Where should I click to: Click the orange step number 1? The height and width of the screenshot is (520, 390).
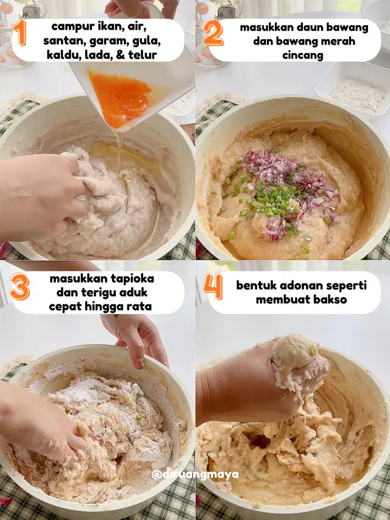tap(20, 32)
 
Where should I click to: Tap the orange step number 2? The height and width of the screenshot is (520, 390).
tap(213, 33)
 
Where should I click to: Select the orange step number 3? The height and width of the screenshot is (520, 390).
tap(20, 287)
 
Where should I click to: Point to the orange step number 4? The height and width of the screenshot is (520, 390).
tap(213, 287)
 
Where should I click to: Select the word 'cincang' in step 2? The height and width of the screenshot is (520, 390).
tap(303, 55)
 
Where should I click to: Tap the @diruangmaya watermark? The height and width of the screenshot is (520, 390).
tap(194, 474)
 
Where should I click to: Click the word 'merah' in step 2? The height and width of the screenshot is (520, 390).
tap(338, 41)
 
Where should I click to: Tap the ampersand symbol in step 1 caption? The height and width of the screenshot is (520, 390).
tap(121, 55)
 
